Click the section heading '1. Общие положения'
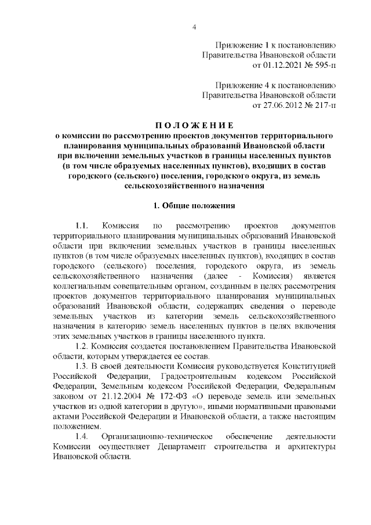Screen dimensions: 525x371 tap(194, 206)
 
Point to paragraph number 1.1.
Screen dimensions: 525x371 tap(81, 225)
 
